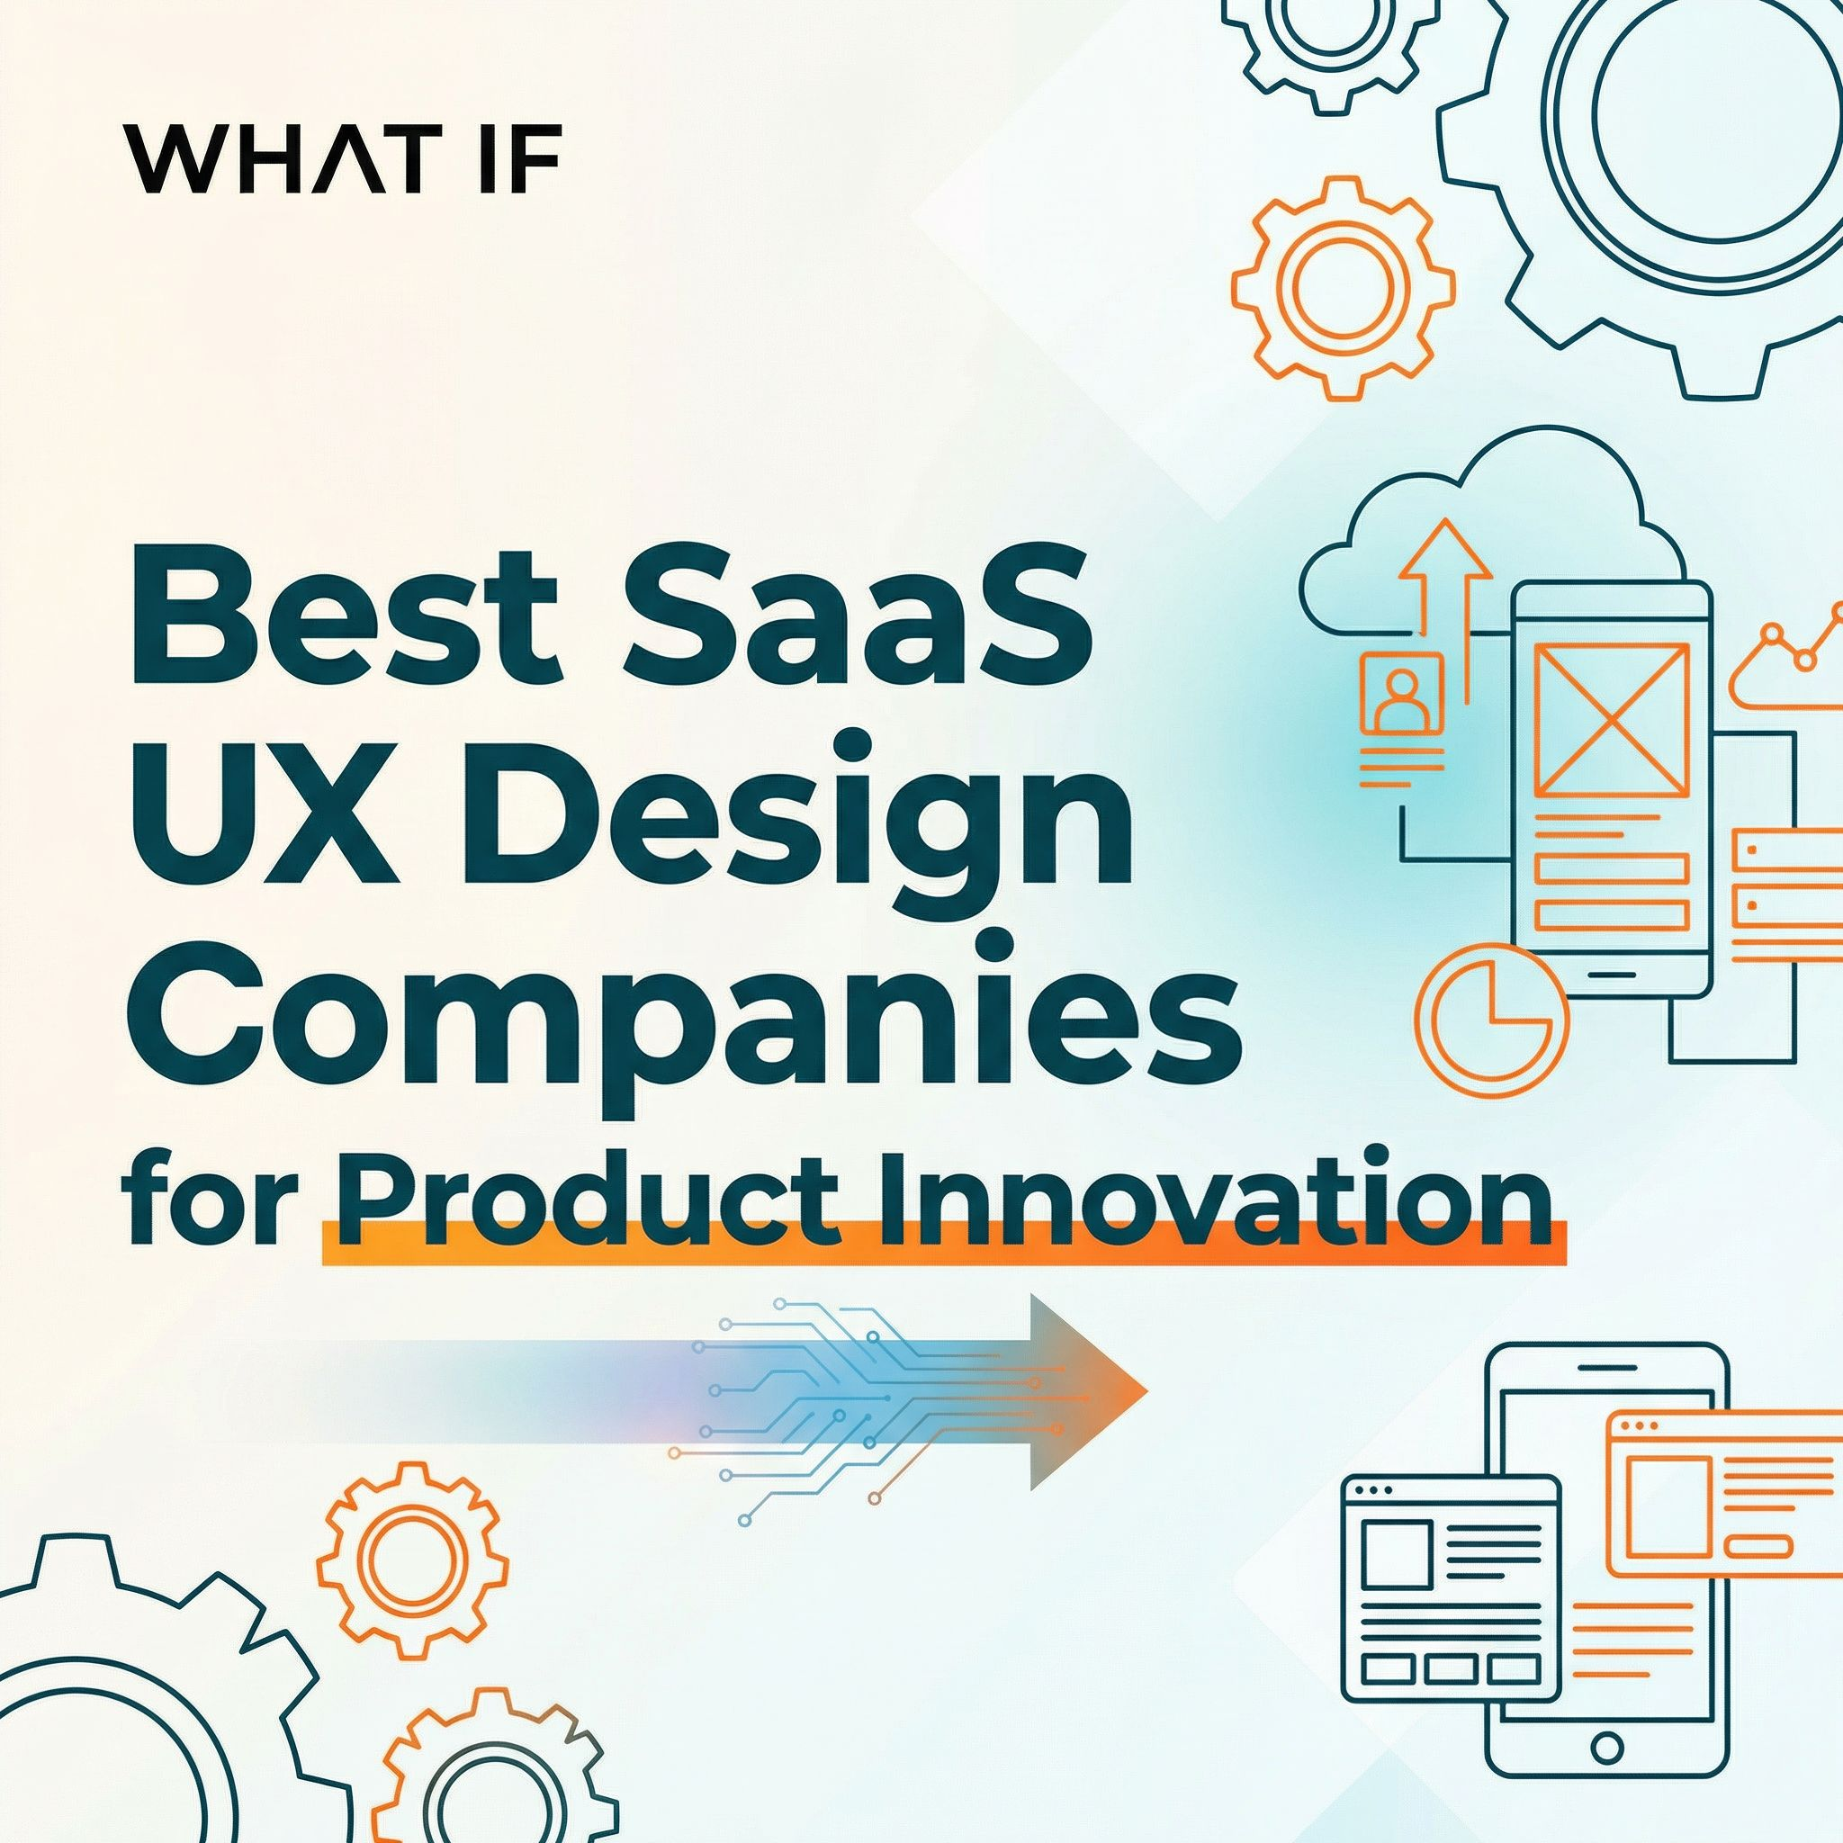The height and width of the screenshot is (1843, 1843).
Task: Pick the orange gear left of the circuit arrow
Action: click(412, 1559)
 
